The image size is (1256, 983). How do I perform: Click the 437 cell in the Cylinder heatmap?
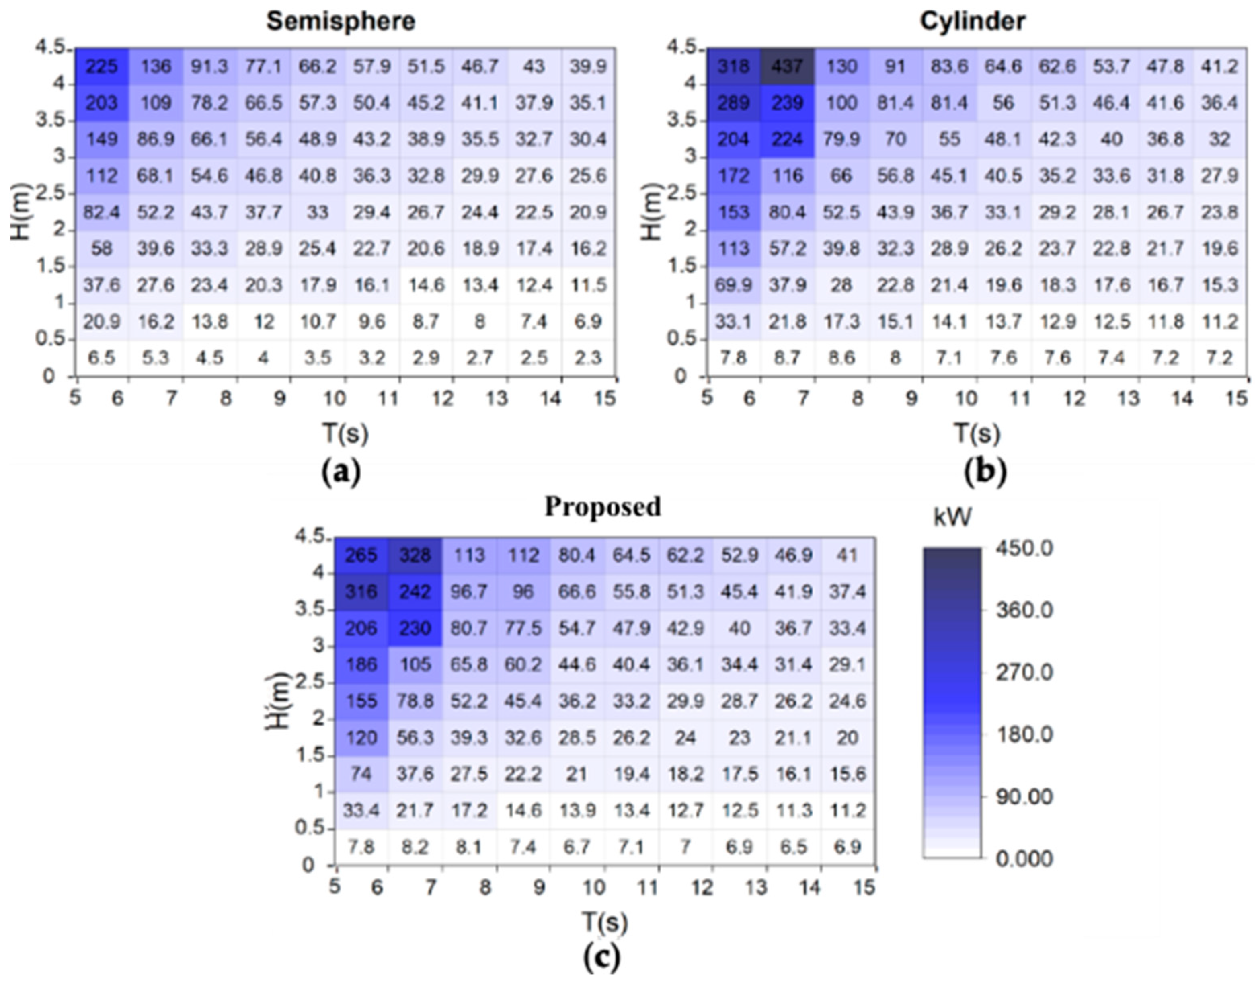[787, 67]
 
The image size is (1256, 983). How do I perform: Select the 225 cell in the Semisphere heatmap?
[102, 67]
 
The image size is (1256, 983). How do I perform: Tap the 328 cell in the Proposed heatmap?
[415, 555]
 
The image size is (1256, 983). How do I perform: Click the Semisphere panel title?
[341, 21]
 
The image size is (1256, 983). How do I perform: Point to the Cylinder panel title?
[972, 21]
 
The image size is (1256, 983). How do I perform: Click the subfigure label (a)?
[341, 472]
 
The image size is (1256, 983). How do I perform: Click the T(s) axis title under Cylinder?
[977, 433]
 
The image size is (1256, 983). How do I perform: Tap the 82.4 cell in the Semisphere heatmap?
[102, 212]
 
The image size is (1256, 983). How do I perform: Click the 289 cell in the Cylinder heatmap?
[734, 103]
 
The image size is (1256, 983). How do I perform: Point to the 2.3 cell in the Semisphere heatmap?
[587, 358]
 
